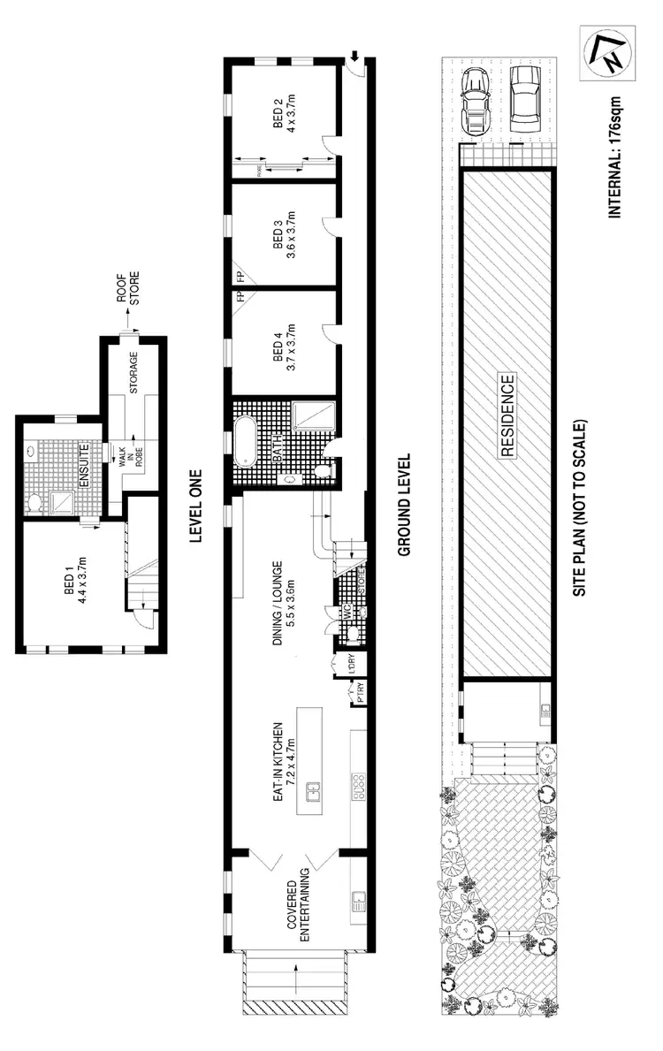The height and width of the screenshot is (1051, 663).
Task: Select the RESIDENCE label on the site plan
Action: pyautogui.click(x=507, y=416)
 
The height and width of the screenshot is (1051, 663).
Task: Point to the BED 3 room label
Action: pyautogui.click(x=282, y=237)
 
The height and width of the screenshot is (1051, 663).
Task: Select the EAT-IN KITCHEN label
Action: pyautogui.click(x=282, y=760)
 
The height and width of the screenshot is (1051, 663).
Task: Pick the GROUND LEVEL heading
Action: pyautogui.click(x=405, y=505)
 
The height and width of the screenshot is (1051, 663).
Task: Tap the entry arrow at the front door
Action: pyautogui.click(x=354, y=57)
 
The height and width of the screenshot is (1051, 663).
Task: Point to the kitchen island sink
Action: pyautogui.click(x=311, y=791)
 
